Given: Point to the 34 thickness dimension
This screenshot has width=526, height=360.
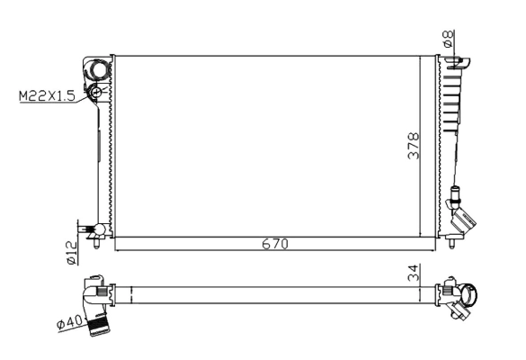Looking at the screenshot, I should click(x=413, y=272).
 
